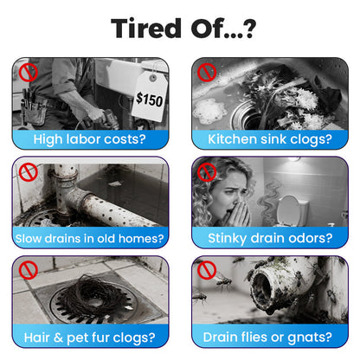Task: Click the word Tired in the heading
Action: [146, 29]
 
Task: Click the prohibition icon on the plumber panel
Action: [29, 73]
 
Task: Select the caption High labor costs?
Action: [90, 139]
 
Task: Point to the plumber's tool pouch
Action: [34, 108]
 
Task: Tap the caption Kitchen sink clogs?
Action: [270, 139]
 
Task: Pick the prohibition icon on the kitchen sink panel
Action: [207, 72]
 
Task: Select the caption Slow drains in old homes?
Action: [90, 239]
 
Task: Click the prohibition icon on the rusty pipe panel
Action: [29, 172]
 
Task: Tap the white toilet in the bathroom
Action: [292, 211]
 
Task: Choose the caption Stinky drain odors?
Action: [270, 239]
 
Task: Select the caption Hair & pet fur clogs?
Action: [90, 337]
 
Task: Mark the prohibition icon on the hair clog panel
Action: [29, 271]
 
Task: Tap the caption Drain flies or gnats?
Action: [267, 337]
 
